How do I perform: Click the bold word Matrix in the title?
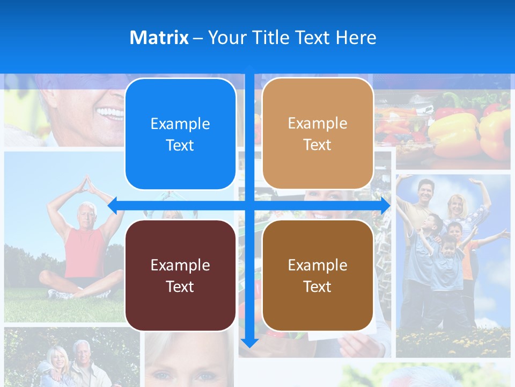coord(159,38)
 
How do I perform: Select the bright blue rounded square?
coord(180,134)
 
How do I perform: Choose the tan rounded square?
coord(318,134)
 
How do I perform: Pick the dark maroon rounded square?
coord(180,275)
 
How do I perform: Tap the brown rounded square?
coord(318,275)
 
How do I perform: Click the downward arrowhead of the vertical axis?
coord(249,342)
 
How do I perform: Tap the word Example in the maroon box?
coord(180,265)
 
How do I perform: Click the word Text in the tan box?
coord(318,145)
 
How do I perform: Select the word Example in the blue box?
coord(180,124)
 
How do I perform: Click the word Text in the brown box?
coord(318,286)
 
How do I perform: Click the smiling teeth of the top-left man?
coord(109,113)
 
